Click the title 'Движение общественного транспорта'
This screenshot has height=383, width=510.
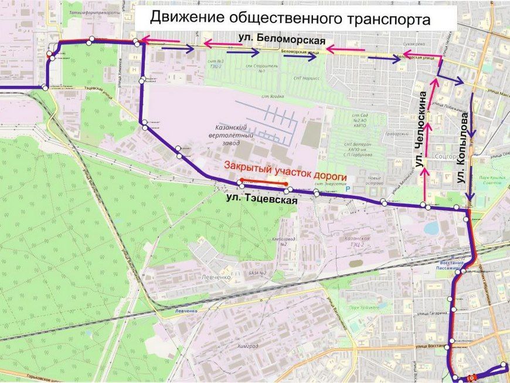click(x=290, y=18)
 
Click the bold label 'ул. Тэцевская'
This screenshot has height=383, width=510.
click(x=262, y=199)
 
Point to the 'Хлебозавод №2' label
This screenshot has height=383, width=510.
click(x=283, y=241)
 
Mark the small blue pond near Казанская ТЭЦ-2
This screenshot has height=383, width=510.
click(x=433, y=228)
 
